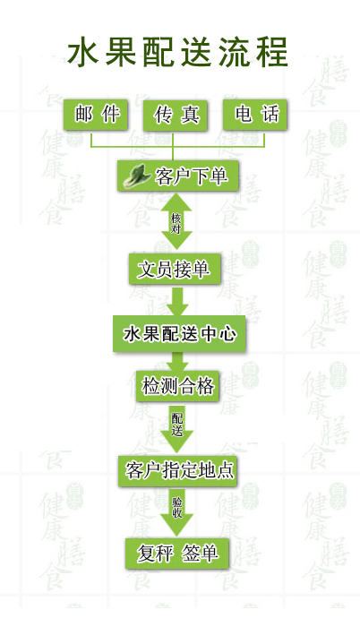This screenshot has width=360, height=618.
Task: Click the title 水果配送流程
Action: (177, 52)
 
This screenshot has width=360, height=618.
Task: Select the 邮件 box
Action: (96, 115)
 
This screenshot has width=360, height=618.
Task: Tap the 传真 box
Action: (176, 115)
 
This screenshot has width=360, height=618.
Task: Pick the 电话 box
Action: (255, 115)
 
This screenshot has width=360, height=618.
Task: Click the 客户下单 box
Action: (178, 176)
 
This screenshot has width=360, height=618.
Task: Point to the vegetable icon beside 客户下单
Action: (137, 176)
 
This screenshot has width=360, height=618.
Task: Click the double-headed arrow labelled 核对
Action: (176, 222)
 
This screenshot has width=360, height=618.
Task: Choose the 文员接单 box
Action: (175, 269)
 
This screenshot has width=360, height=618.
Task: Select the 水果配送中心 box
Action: (180, 333)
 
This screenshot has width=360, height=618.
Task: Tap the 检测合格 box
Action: (177, 386)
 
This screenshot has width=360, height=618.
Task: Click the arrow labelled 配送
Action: (176, 429)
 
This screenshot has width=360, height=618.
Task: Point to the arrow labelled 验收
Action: (176, 512)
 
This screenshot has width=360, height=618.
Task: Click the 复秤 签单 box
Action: (177, 554)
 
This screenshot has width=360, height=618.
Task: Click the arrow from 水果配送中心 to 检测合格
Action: (180, 362)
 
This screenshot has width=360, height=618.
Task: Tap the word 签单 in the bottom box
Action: (200, 553)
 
